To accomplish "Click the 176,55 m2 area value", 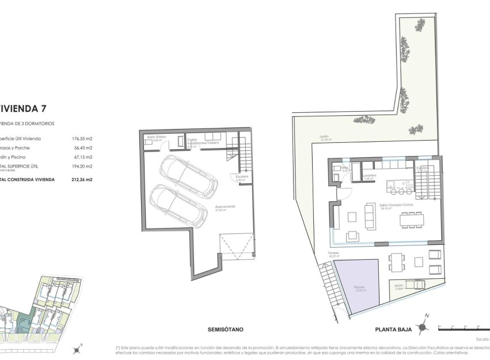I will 82,138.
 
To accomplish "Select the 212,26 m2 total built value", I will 82,179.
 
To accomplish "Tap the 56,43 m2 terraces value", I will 82,147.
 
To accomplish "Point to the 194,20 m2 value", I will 82,166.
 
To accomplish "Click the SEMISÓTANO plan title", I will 225,329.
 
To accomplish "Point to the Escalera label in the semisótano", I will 241,177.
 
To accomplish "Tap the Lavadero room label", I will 370,176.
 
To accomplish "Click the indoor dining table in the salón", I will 411,219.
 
